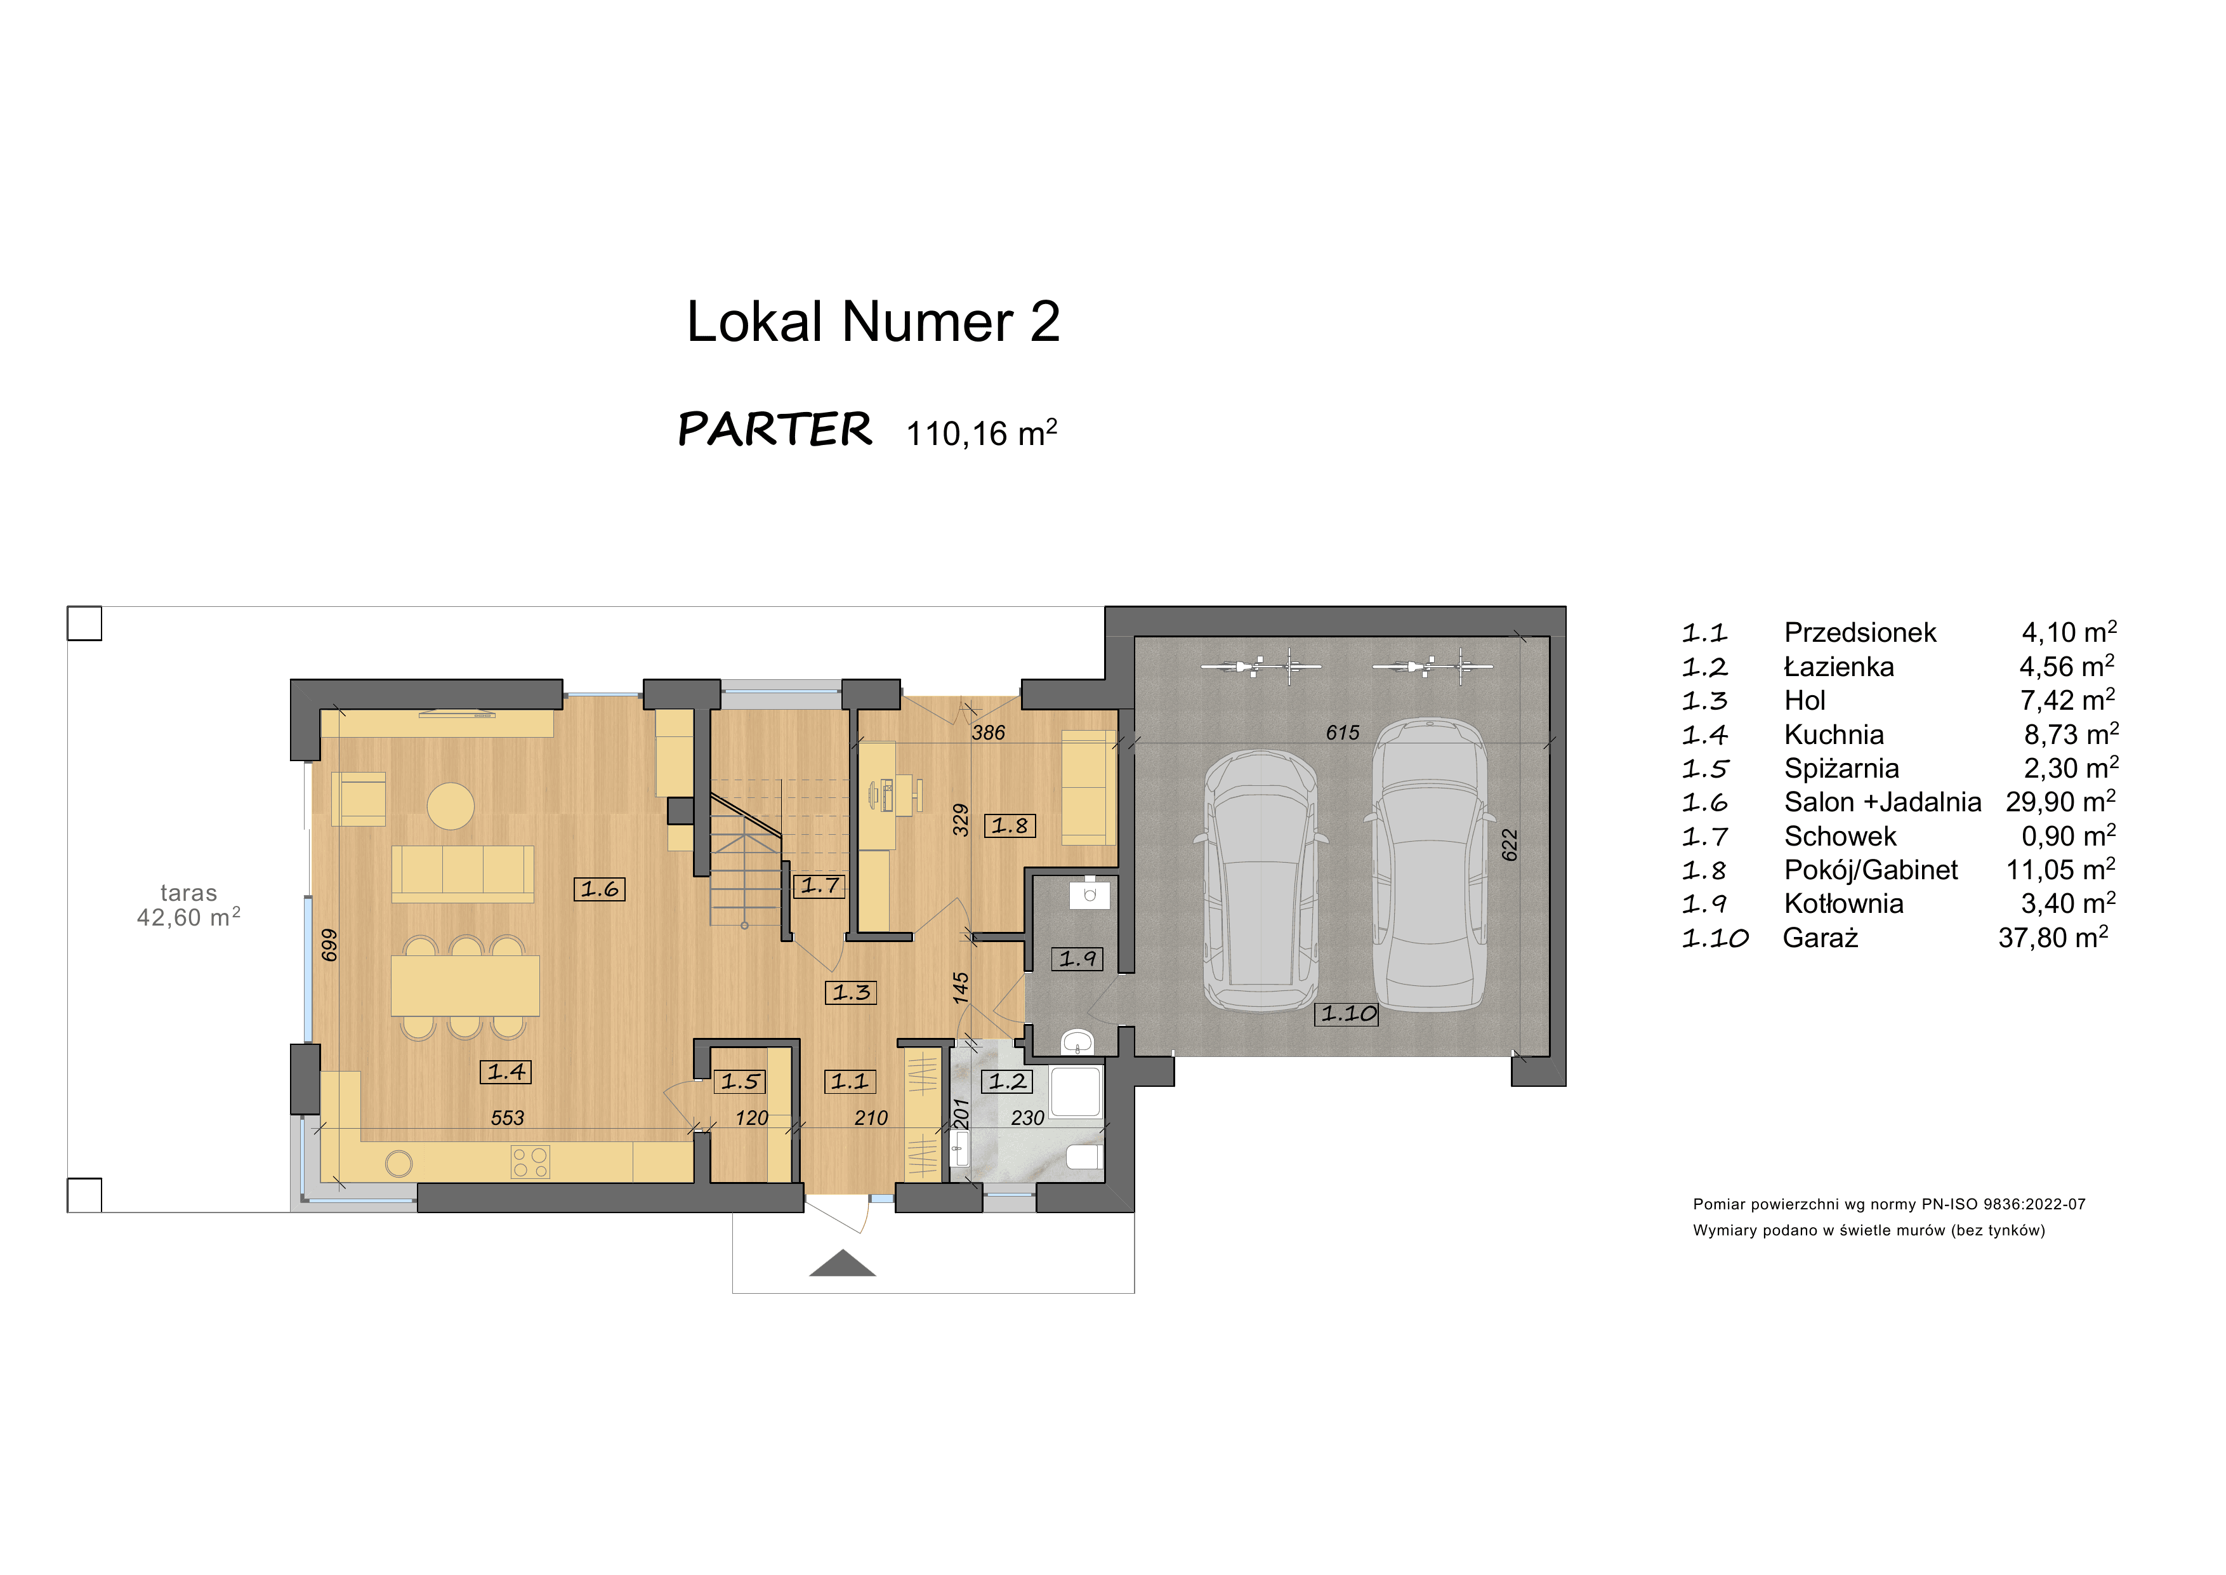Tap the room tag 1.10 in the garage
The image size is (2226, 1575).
pos(1347,1013)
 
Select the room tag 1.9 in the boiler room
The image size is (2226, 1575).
pos(1077,959)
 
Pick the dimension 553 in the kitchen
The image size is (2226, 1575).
pos(507,1117)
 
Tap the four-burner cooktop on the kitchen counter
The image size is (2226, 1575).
pos(530,1162)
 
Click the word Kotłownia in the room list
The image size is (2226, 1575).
pos(1843,904)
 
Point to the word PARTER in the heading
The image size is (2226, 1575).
pos(775,430)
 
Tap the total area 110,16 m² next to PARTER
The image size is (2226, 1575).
pos(981,432)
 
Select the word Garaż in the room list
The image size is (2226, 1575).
pos(1820,938)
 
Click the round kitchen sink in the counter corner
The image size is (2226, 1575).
pos(398,1163)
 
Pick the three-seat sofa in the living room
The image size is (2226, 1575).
pos(463,871)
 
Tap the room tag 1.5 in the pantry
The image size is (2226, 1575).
pos(741,1081)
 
